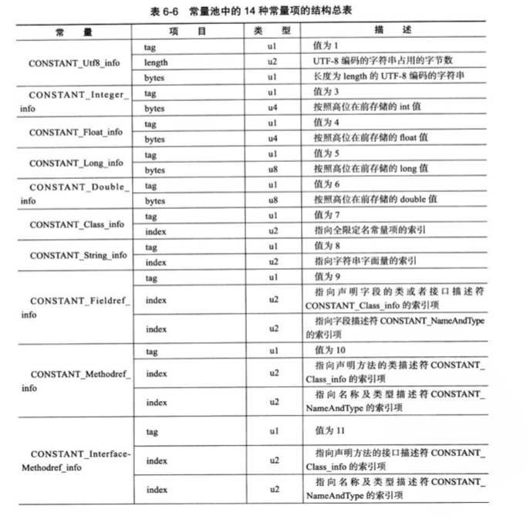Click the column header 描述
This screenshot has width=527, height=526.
coord(391,30)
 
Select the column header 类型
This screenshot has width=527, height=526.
coord(272,30)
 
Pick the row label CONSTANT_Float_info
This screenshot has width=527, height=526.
coord(76,132)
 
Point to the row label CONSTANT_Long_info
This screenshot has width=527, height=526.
coord(76,163)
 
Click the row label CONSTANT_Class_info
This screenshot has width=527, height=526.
coord(76,224)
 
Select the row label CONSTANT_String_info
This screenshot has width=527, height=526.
coord(78,255)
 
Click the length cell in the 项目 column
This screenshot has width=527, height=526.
coord(156,62)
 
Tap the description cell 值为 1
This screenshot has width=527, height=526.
coord(326,47)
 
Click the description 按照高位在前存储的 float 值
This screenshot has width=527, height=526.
coord(370,138)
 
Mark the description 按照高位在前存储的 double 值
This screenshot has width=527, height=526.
coord(373,200)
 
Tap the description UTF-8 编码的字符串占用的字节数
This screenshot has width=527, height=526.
coord(383,62)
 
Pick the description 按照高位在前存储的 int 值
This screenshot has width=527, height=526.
coord(366,107)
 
